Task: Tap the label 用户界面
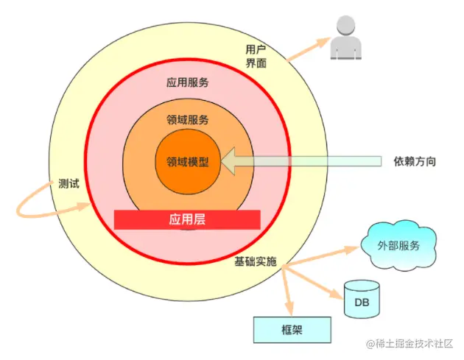tap(256, 57)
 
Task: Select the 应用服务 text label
tap(188, 82)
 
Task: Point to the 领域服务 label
tap(188, 119)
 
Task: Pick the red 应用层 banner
tap(187, 219)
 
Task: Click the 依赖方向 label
tap(415, 160)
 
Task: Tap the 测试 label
tap(68, 184)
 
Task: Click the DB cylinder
tap(362, 298)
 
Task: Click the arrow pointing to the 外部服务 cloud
tap(324, 256)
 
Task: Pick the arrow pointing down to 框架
tap(288, 291)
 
